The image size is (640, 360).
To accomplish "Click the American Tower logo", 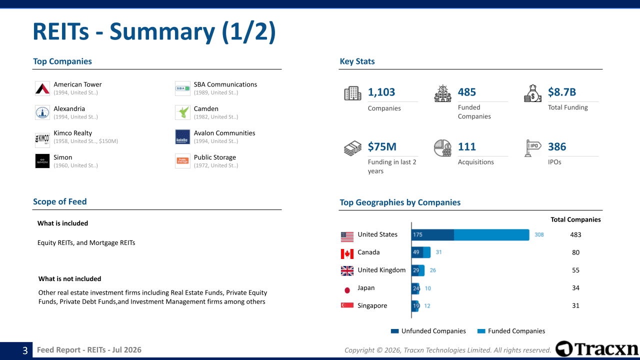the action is [42, 88].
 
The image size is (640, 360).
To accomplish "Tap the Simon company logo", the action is [42, 161].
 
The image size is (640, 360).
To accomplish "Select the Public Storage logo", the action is [182, 161].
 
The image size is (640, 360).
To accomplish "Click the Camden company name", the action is [206, 109].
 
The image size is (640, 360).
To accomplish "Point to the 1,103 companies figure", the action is [381, 92].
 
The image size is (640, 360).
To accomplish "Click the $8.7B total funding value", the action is [561, 92].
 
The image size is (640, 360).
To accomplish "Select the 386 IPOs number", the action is [557, 146].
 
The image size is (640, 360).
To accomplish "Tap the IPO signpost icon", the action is [532, 148].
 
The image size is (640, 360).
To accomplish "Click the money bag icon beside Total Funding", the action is [532, 93].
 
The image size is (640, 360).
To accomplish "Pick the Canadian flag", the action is [347, 253].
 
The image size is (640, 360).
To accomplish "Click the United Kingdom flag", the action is [347, 271].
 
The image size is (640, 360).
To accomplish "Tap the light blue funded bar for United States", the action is [491, 235].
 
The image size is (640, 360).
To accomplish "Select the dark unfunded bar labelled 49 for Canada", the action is [417, 252].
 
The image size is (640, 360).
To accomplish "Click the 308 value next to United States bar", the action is [539, 235].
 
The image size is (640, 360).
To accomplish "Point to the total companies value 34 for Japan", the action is [575, 288].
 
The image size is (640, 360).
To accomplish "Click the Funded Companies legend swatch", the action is [481, 331].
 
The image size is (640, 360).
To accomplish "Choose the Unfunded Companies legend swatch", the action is [395, 331].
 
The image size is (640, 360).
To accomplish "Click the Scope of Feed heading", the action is [59, 201].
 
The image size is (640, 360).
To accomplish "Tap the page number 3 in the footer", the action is [25, 350].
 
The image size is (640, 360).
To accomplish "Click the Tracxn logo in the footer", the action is [596, 349].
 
